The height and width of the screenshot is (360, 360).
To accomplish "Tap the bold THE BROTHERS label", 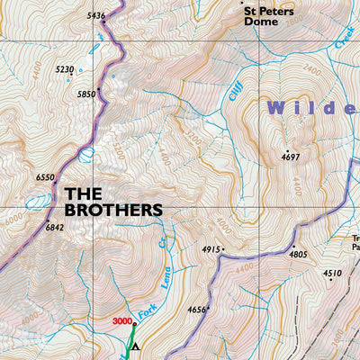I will point(113,201).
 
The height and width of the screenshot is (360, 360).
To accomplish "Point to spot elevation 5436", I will point(96,15).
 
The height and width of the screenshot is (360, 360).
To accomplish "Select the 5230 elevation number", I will point(65,69).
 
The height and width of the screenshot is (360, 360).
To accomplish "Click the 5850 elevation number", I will point(86,94).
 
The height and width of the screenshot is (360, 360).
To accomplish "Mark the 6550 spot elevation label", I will point(45,178).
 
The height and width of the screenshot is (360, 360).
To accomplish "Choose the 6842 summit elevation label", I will point(55,228).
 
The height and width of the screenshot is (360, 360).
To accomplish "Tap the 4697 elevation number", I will point(290,157).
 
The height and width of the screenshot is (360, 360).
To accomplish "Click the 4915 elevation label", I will point(211,249).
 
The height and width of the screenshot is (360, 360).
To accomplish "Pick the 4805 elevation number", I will point(298,255).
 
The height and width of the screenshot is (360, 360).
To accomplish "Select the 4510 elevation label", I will point(332,273).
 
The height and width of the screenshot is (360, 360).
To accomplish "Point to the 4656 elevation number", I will point(197,310).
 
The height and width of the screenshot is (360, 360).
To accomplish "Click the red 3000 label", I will point(122,320).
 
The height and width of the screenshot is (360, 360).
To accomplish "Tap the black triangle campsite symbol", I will point(135,346).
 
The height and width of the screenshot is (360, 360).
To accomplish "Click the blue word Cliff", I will point(237,90).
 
